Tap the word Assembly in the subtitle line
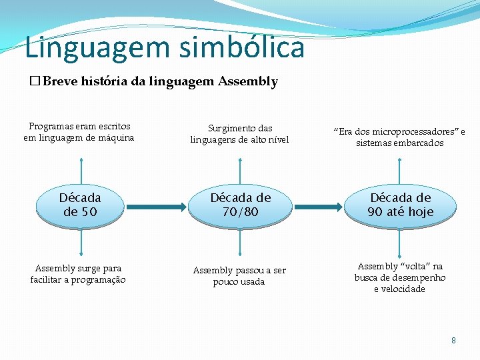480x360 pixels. click(247, 82)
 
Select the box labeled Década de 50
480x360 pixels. click(80, 205)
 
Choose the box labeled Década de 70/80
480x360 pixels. click(241, 205)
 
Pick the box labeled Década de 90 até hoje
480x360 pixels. click(401, 205)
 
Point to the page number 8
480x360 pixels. click(454, 340)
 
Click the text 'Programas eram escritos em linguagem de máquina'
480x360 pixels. click(79, 132)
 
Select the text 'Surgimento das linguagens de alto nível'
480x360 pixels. click(240, 133)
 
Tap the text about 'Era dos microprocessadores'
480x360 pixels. click(401, 137)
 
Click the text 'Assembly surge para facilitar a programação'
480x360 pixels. click(78, 274)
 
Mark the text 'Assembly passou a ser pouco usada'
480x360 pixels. click(239, 276)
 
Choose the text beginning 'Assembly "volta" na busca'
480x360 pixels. click(400, 277)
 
